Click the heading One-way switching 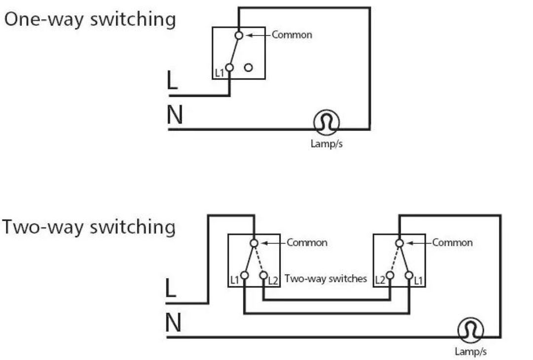point(90,20)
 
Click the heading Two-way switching point(89,227)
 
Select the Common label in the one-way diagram point(292,35)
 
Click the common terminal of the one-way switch point(239,35)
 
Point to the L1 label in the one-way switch point(220,73)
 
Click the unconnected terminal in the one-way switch point(249,68)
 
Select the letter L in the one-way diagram point(172,80)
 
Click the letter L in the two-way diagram point(170,289)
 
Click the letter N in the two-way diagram point(173,324)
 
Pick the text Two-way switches point(326,279)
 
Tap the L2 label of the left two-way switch point(273,281)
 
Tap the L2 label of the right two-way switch point(380,281)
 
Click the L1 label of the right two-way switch point(418,281)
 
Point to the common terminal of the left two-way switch point(254,243)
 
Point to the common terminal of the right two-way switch point(399,243)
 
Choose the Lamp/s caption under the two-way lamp point(470,352)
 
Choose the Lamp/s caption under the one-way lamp point(326,144)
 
